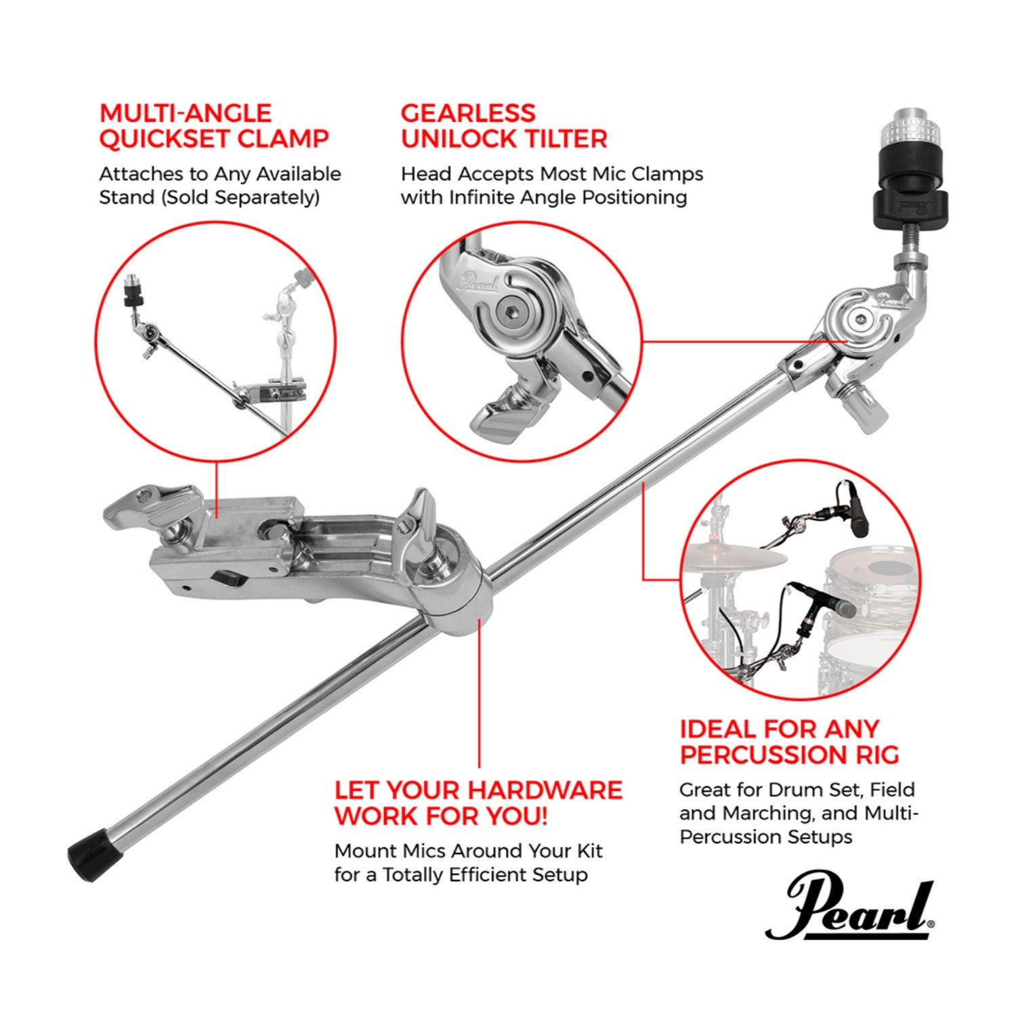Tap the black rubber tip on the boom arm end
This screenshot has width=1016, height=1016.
(x=95, y=855)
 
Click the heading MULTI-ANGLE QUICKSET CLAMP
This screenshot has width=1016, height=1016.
(x=213, y=126)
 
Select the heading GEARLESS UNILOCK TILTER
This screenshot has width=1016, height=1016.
(x=503, y=126)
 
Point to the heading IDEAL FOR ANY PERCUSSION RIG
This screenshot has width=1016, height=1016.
(x=789, y=742)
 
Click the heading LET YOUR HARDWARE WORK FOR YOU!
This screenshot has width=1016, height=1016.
(x=478, y=803)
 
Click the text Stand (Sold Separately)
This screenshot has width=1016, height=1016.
(x=209, y=197)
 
